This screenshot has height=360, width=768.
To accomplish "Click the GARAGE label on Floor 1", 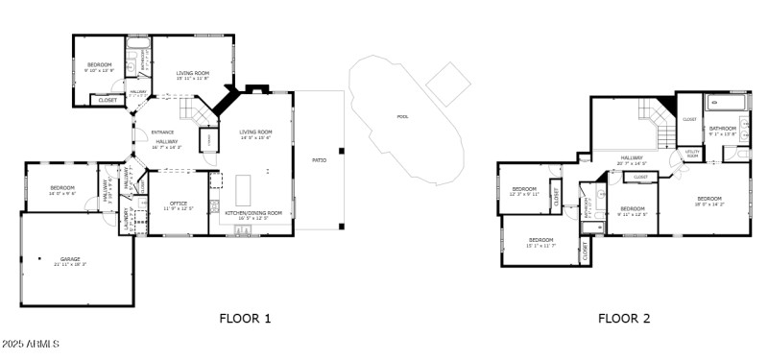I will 70,259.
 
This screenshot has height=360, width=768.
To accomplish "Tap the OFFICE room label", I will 179,204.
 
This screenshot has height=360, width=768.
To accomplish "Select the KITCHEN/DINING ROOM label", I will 253,213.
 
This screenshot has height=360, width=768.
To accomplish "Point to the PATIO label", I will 319,160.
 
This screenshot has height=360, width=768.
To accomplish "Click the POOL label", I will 402,117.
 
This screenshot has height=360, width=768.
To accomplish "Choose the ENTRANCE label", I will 162,132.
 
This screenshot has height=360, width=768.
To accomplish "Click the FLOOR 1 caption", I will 246,318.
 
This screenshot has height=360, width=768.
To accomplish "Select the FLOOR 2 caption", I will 624,318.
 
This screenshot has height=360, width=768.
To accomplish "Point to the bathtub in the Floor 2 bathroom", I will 727,103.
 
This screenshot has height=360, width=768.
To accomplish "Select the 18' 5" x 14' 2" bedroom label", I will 709,201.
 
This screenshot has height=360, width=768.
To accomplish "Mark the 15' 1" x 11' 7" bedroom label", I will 540,243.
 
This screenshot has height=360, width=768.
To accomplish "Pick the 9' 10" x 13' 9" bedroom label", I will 99,67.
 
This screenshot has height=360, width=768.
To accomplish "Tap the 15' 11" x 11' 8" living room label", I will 192,75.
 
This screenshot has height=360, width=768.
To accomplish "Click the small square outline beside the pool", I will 448,84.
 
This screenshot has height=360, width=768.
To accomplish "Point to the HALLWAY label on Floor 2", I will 631,158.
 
